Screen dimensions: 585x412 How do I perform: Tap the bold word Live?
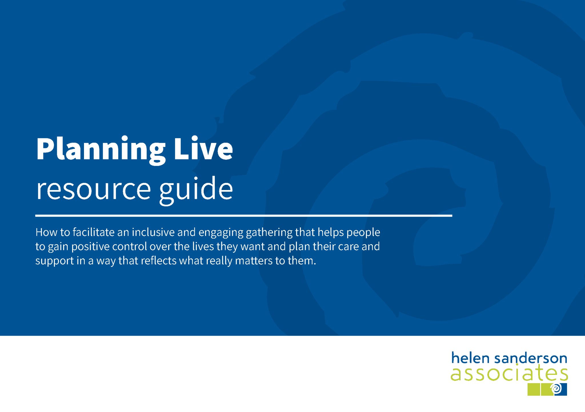pyautogui.click(x=203, y=148)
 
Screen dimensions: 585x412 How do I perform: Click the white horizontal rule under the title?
pyautogui.click(x=244, y=216)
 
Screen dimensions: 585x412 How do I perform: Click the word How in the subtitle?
pyautogui.click(x=46, y=232)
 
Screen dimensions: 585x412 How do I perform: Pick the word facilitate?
pyautogui.click(x=93, y=232)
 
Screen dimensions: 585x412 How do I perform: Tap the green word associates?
pyautogui.click(x=509, y=373)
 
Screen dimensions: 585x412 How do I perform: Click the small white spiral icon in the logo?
pyautogui.click(x=556, y=389)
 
